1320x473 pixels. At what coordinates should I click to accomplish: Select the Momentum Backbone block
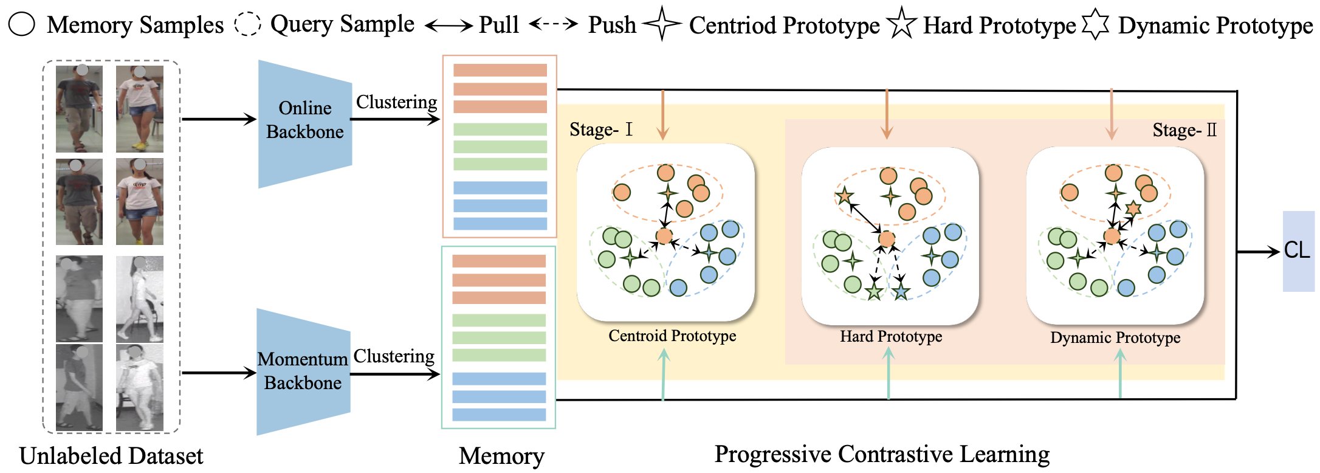[x=303, y=371]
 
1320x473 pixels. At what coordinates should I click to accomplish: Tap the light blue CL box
[x=1298, y=250]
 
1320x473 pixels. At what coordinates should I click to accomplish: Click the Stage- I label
[x=600, y=129]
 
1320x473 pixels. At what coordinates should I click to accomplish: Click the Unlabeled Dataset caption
[x=111, y=456]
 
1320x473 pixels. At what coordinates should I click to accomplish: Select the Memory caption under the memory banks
[x=501, y=456]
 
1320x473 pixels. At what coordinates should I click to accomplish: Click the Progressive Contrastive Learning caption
[x=882, y=454]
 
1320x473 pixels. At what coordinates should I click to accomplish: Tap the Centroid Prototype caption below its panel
[x=672, y=336]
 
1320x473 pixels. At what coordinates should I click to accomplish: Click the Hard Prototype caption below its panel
[x=891, y=336]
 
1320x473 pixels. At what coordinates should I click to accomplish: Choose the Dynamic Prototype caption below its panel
[x=1115, y=337]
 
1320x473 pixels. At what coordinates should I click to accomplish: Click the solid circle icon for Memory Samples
[x=22, y=24]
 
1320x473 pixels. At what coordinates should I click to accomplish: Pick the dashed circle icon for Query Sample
[x=247, y=24]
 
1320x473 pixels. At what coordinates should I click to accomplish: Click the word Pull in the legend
[x=499, y=25]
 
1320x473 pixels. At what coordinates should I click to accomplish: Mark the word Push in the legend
[x=612, y=25]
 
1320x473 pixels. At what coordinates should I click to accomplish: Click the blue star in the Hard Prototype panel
[x=901, y=292]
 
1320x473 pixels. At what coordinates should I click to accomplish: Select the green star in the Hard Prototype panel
[x=874, y=292]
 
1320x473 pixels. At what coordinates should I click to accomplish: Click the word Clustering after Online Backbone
[x=396, y=102]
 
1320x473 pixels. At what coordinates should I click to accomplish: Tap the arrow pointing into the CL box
[x=1258, y=251]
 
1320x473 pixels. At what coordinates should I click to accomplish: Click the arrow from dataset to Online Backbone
[x=219, y=119]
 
